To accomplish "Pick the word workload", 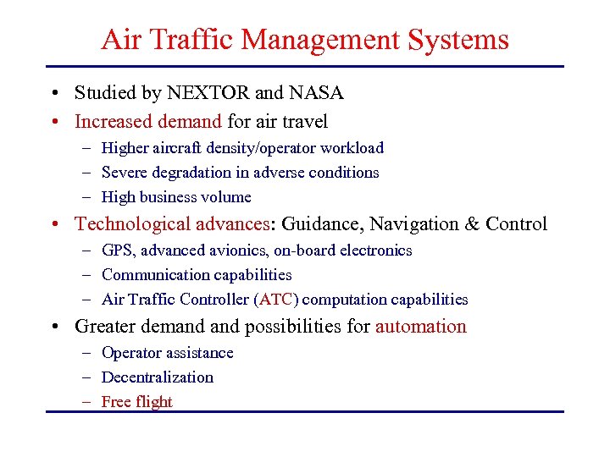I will point(352,148).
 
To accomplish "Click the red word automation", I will point(421,327).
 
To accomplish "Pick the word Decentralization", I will point(158,377).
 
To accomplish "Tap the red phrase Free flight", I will point(136,402).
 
